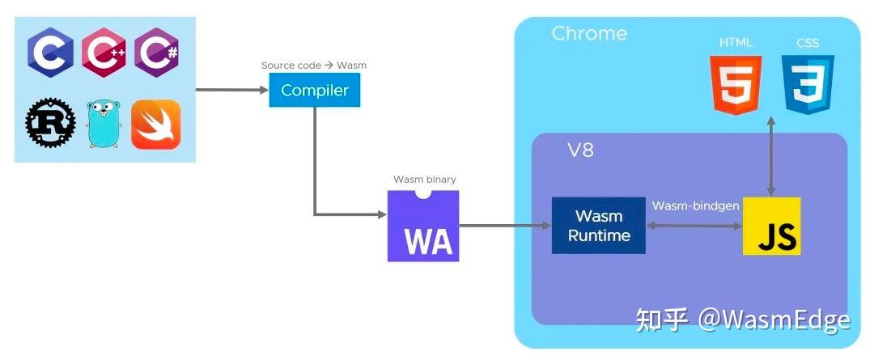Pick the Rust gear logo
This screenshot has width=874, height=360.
pyautogui.click(x=50, y=124)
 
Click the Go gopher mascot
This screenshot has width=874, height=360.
pyautogui.click(x=103, y=124)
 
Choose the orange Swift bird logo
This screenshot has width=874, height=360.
pyautogui.click(x=155, y=124)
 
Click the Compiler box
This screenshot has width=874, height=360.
pyautogui.click(x=314, y=91)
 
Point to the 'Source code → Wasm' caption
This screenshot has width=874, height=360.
pyautogui.click(x=314, y=66)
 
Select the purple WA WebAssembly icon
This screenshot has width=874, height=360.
pyautogui.click(x=423, y=227)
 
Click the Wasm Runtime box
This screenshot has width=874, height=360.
pyautogui.click(x=599, y=226)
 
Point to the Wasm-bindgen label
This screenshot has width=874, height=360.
pyautogui.click(x=695, y=206)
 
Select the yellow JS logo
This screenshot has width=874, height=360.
pyautogui.click(x=771, y=226)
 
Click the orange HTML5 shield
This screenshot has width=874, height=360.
pyautogui.click(x=735, y=84)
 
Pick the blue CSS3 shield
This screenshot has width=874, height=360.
pyautogui.click(x=807, y=84)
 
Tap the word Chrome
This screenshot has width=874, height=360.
pyautogui.click(x=589, y=34)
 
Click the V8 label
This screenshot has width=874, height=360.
pyautogui.click(x=579, y=151)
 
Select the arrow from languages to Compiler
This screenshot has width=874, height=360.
pyautogui.click(x=232, y=90)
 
